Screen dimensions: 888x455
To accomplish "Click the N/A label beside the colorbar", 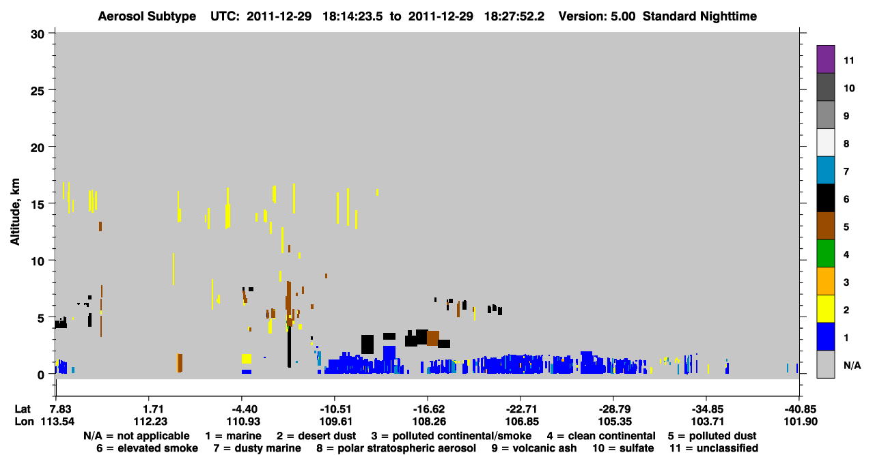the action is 852,365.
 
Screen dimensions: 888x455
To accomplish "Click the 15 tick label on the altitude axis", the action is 38,205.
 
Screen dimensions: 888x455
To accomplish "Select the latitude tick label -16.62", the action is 429,409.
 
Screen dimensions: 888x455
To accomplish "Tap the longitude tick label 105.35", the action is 615,422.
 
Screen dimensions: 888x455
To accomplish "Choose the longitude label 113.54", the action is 57,422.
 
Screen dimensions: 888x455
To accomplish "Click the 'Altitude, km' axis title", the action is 15,212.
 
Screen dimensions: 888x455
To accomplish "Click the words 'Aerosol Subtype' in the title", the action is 147,16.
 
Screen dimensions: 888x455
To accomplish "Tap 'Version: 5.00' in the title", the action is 597,16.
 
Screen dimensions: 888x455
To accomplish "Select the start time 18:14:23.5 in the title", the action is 353,16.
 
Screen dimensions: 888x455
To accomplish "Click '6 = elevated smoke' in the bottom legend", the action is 147,448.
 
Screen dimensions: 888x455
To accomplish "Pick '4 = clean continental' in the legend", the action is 601,436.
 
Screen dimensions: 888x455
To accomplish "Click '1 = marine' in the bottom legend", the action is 233,436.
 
